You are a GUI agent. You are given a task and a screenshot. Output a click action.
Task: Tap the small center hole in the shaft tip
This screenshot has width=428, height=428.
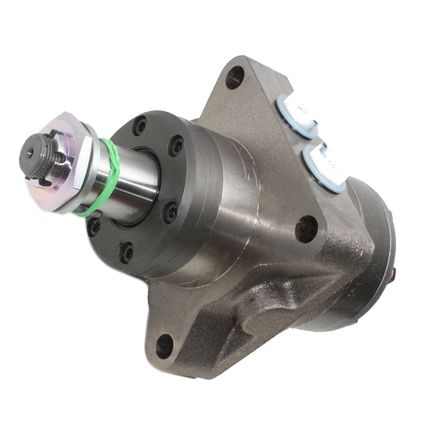pos(29,151)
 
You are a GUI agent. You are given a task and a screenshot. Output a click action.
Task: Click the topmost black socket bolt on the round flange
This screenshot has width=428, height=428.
pos(140,123)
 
